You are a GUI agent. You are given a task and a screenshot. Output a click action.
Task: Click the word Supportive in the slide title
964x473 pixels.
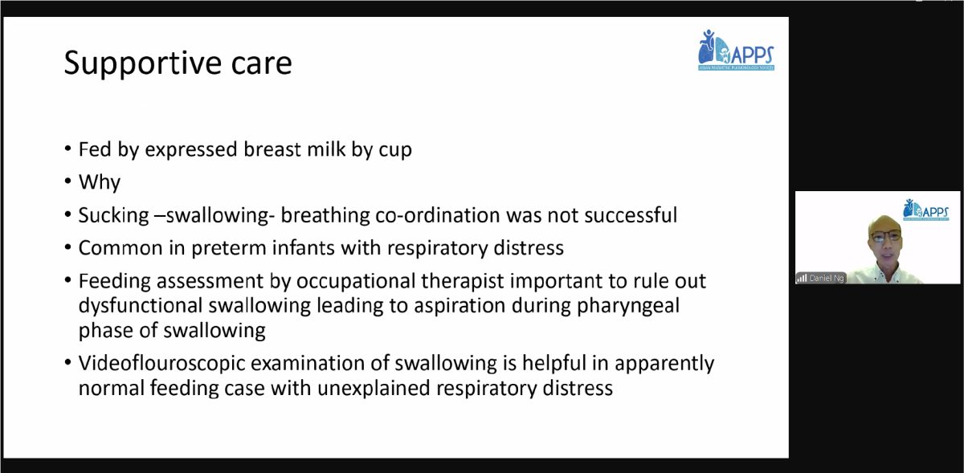pyautogui.click(x=142, y=63)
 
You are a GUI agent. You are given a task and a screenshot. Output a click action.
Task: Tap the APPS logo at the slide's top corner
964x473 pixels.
pyautogui.click(x=736, y=50)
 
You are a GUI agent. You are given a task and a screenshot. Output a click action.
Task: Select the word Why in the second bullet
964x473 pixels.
pyautogui.click(x=100, y=182)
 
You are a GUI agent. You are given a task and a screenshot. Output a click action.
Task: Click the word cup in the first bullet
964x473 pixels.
pyautogui.click(x=395, y=150)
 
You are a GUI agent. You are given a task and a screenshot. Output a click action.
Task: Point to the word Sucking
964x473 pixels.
pyautogui.click(x=113, y=216)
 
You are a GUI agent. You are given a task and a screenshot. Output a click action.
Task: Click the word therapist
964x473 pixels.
pyautogui.click(x=462, y=282)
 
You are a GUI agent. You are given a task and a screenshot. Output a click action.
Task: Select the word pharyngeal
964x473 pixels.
pyautogui.click(x=628, y=307)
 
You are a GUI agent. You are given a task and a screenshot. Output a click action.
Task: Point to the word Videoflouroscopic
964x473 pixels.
pyautogui.click(x=161, y=364)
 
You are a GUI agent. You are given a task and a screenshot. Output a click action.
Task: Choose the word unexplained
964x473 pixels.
pyautogui.click(x=374, y=388)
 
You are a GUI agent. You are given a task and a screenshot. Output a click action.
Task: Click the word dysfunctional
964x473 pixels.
pyautogui.click(x=141, y=306)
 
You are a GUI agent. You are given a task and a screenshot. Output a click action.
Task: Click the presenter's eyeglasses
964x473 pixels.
pyautogui.click(x=885, y=236)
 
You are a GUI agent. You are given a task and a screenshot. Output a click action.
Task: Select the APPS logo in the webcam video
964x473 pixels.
pyautogui.click(x=925, y=210)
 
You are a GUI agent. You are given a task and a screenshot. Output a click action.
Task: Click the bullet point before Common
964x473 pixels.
pyautogui.click(x=68, y=247)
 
